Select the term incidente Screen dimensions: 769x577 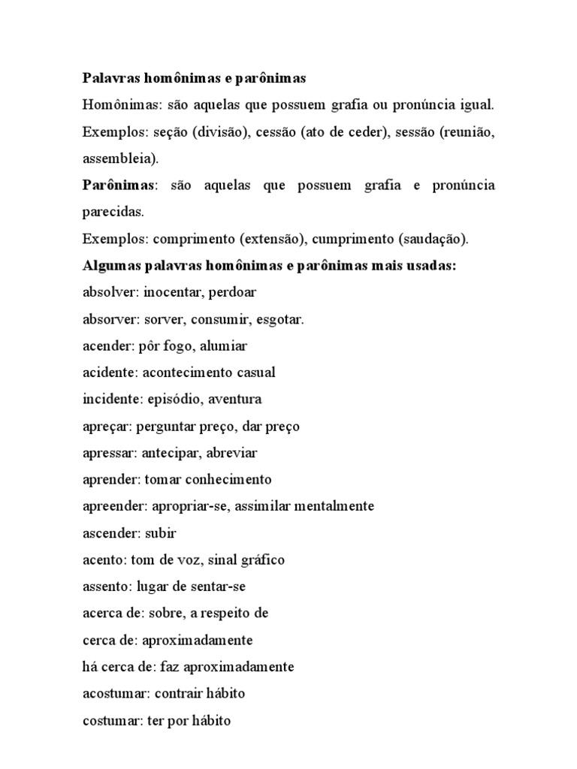pyautogui.click(x=109, y=400)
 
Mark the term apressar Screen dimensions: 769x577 pyautogui.click(x=107, y=454)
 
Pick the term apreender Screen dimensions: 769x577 pyautogui.click(x=111, y=507)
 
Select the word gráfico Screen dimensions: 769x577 pyautogui.click(x=260, y=560)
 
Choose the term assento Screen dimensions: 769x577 pyautogui.click(x=104, y=587)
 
